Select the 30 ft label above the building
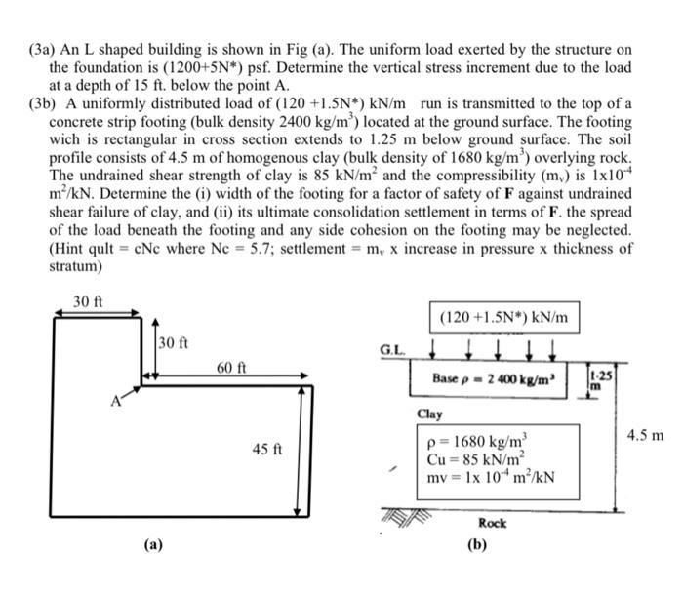[x=89, y=301]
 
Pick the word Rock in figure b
[x=493, y=523]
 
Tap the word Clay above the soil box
[x=429, y=414]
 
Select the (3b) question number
[x=47, y=104]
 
